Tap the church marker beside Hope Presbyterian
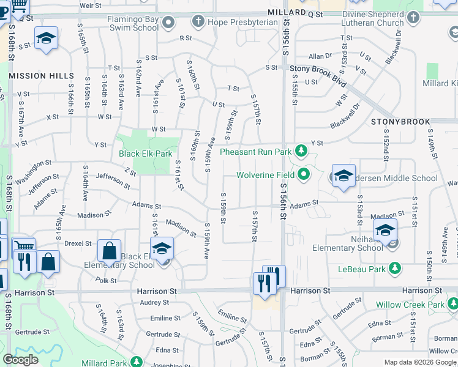point(198,22)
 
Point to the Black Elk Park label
point(146,154)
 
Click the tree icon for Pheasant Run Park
point(301,150)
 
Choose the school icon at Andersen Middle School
point(343,176)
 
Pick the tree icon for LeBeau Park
point(395,268)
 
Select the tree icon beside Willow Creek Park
point(452,303)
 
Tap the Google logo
point(20,360)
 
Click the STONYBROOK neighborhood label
point(400,122)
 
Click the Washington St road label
point(34,172)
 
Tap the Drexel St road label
point(78,243)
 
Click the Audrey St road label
point(154,302)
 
